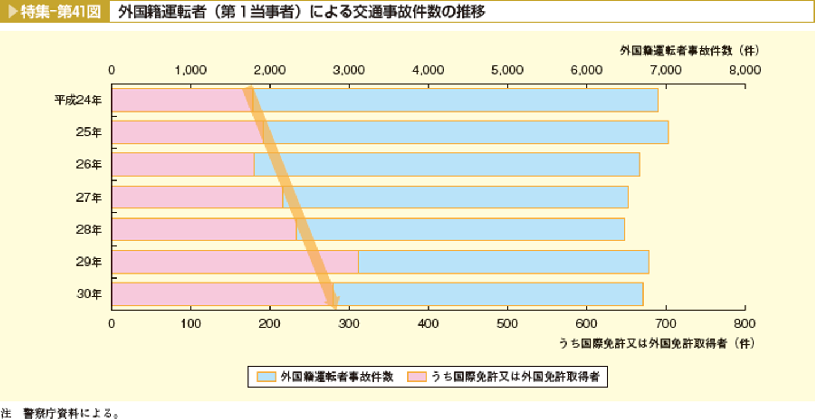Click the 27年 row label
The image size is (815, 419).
pos(89,198)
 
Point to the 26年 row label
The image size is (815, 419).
pos(89,165)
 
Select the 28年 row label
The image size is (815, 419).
pos(89,230)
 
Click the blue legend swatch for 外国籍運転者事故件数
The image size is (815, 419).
pos(266,377)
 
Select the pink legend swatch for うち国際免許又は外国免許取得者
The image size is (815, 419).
pos(418,377)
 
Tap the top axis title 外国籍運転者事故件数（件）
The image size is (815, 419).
pos(689,50)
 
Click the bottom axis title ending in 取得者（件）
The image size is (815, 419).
pos(656,343)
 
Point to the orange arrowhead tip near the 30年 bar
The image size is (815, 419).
pos(334,309)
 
